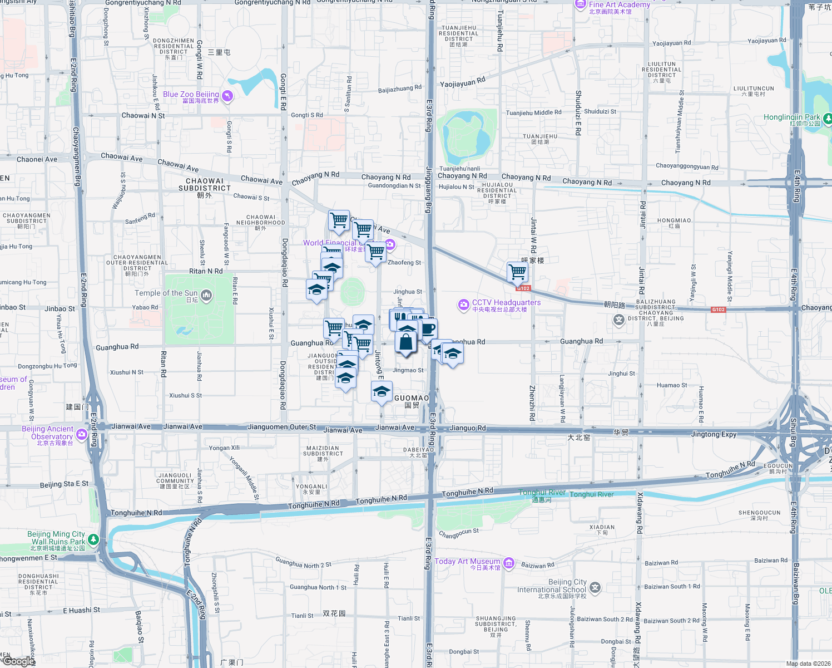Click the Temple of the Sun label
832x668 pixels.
coord(166,293)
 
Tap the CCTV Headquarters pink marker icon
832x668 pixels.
coord(463,304)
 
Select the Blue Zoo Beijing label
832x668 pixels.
coord(191,95)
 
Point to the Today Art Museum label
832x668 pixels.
coord(467,562)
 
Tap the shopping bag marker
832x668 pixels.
coord(406,342)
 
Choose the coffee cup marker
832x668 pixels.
coord(428,328)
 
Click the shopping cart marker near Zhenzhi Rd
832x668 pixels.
coord(517,272)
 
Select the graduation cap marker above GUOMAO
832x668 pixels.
coord(381,391)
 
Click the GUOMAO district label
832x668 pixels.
coord(412,398)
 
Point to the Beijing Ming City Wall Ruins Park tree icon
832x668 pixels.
coord(93,539)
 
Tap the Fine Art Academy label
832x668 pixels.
coord(619,5)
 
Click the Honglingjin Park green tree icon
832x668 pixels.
coord(828,118)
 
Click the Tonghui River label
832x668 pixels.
coord(592,494)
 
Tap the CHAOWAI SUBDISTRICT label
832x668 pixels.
coord(205,185)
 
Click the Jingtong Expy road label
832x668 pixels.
coord(714,434)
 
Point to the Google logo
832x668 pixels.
coord(18,661)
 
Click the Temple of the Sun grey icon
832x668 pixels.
coord(206,295)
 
